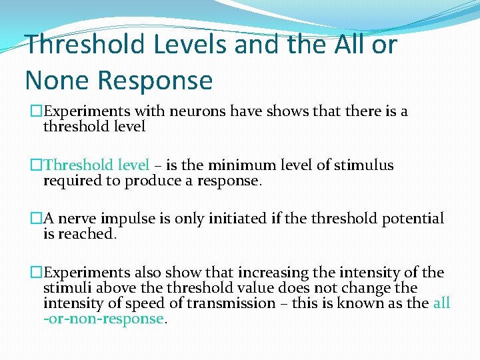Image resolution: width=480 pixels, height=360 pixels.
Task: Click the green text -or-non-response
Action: pyautogui.click(x=105, y=319)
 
